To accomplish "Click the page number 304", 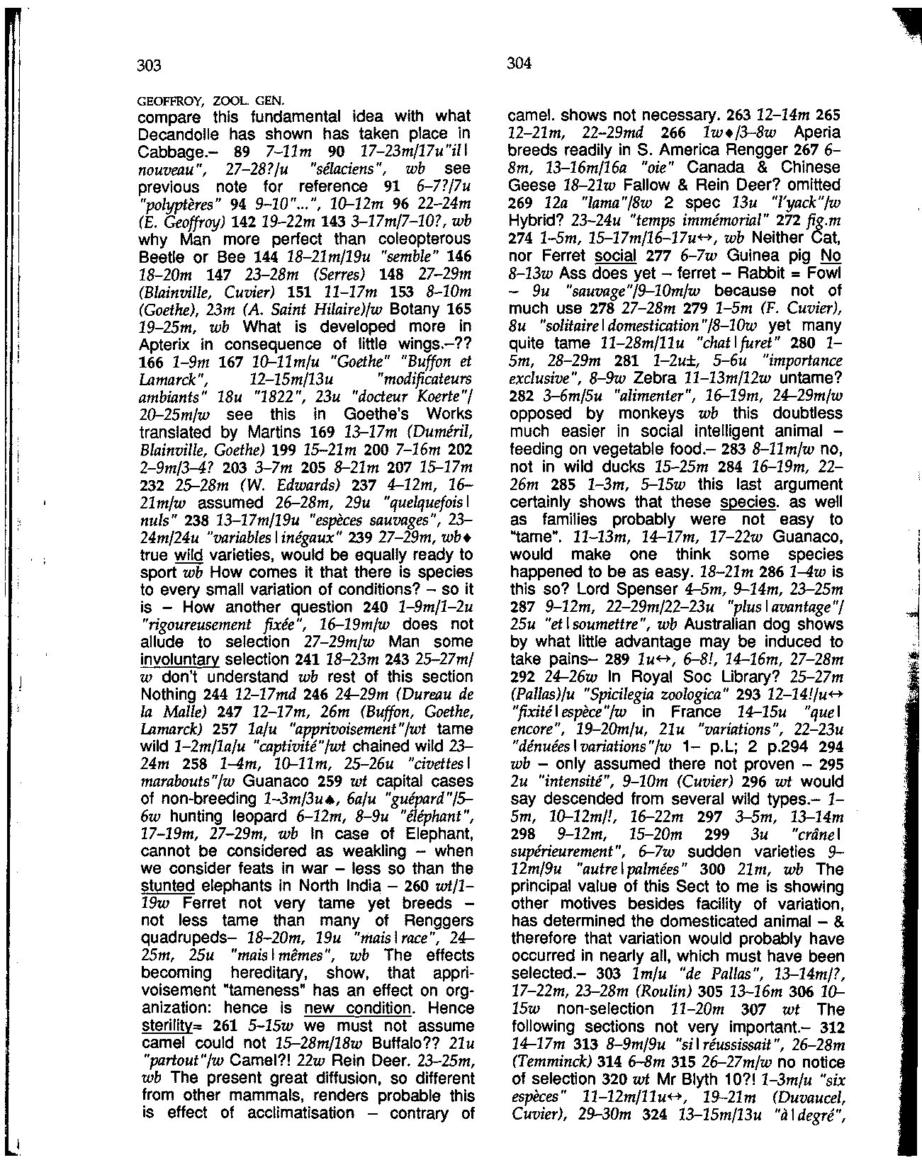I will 519,64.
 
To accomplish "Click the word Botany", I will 387,309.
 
